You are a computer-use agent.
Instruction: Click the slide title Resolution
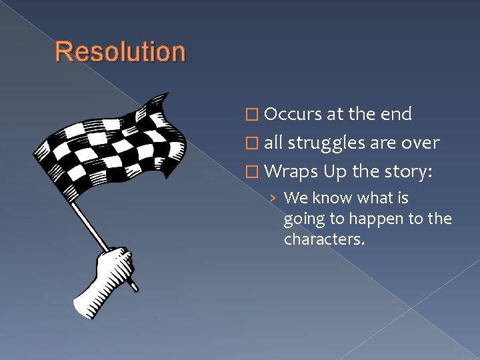pyautogui.click(x=120, y=51)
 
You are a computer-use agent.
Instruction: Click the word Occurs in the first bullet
pyautogui.click(x=293, y=114)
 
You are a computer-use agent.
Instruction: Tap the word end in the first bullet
pyautogui.click(x=397, y=114)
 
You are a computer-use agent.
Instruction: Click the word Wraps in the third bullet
pyautogui.click(x=291, y=172)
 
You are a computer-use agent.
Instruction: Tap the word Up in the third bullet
pyautogui.click(x=335, y=172)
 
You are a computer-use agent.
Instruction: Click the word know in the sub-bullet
pyautogui.click(x=332, y=198)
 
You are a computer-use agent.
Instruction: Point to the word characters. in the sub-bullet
pyautogui.click(x=324, y=239)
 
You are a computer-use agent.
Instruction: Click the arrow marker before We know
pyautogui.click(x=274, y=199)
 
